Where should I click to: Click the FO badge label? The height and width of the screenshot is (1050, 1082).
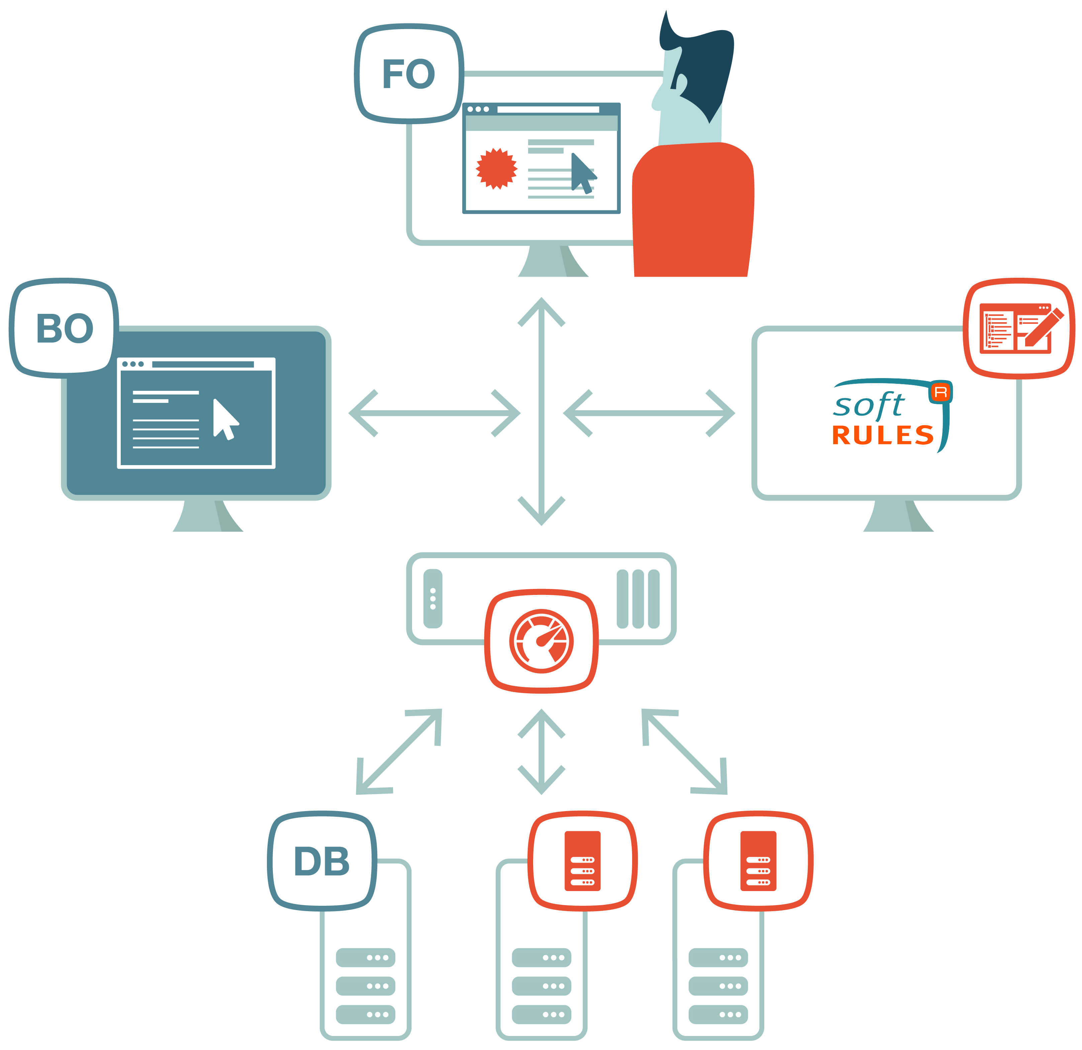coord(408,74)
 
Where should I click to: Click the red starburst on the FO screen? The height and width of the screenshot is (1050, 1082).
coord(496,168)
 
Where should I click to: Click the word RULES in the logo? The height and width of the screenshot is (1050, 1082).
coord(882,435)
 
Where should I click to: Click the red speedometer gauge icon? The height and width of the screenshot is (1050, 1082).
coord(541,641)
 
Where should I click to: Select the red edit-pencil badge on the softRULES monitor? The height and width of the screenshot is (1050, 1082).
coord(1018,329)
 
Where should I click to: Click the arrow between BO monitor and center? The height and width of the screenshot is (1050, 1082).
coord(434,413)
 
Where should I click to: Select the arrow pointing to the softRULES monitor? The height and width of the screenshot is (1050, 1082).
coord(649,413)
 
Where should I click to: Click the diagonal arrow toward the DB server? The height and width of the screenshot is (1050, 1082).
coord(399,752)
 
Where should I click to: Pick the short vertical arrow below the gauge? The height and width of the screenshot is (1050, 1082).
coord(541,752)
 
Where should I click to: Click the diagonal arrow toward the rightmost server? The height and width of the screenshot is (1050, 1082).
coord(685,752)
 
